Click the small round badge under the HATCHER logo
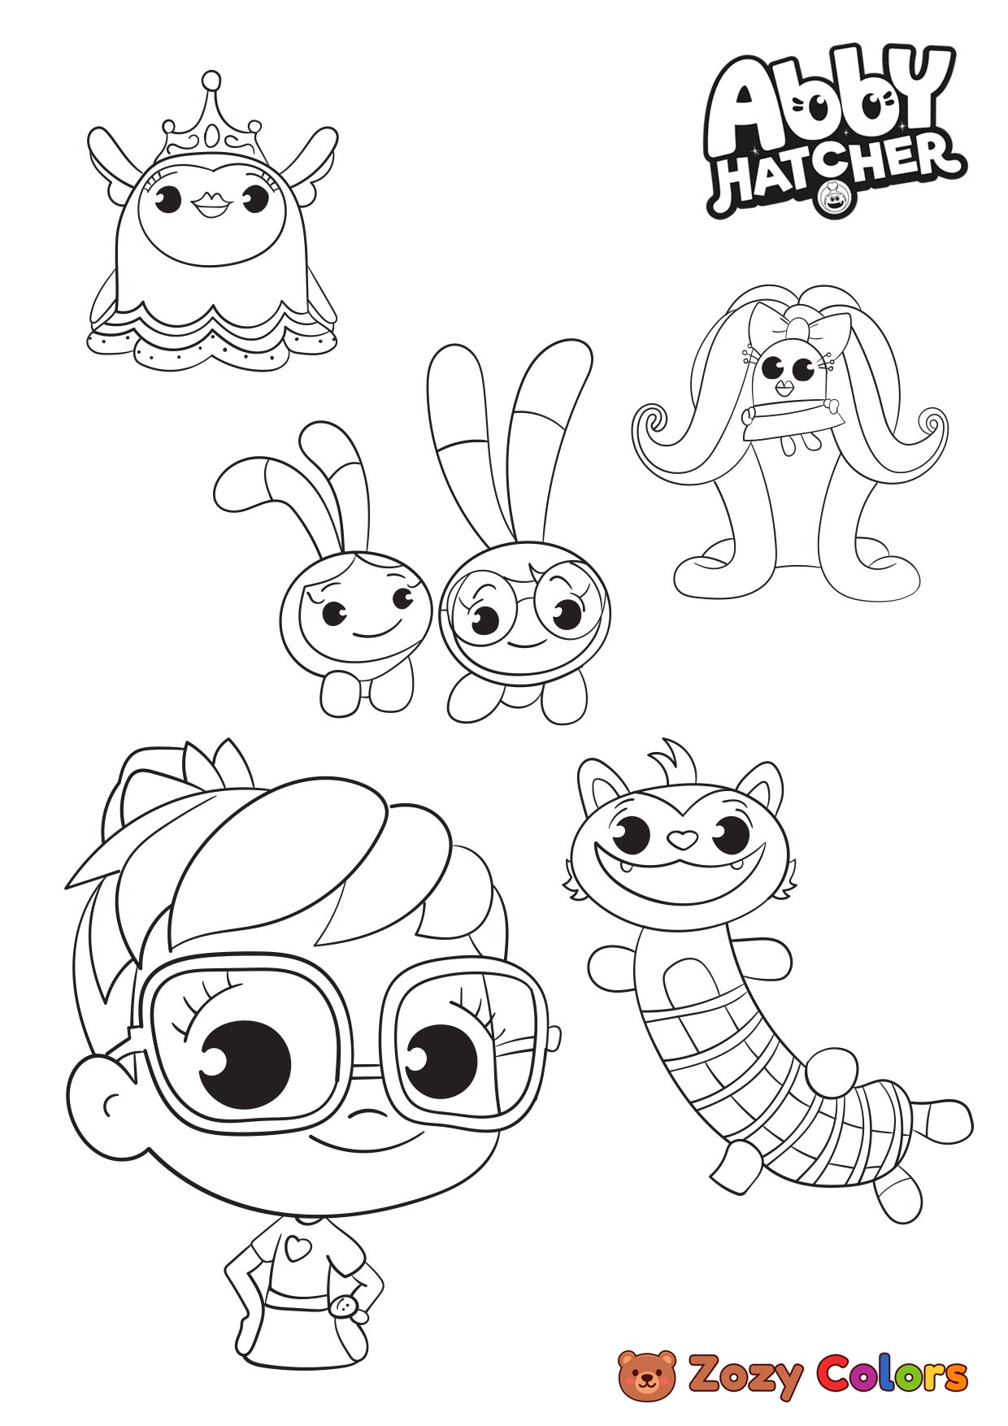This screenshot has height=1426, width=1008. tap(833, 198)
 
